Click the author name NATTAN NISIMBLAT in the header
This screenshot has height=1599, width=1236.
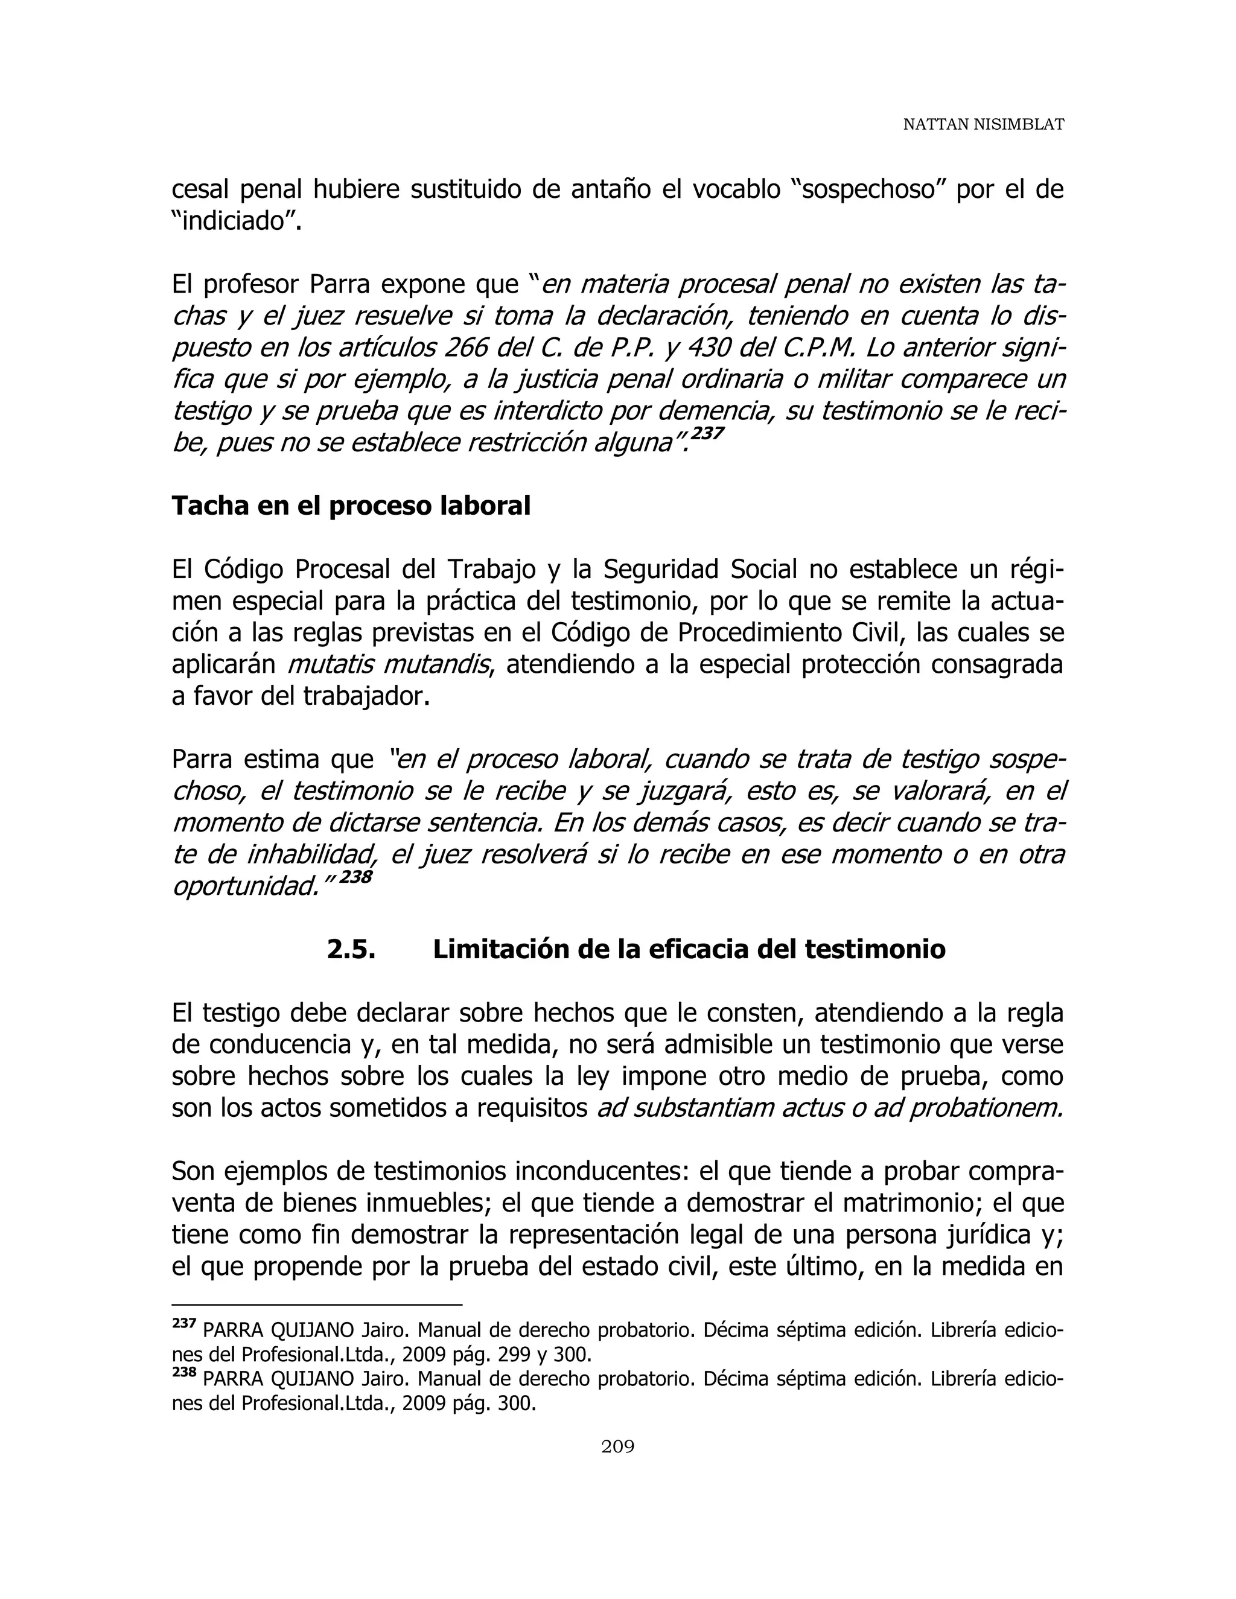[x=983, y=124]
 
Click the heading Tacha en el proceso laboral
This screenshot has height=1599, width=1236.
[x=351, y=506]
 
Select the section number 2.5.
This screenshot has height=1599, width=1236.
[x=351, y=950]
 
